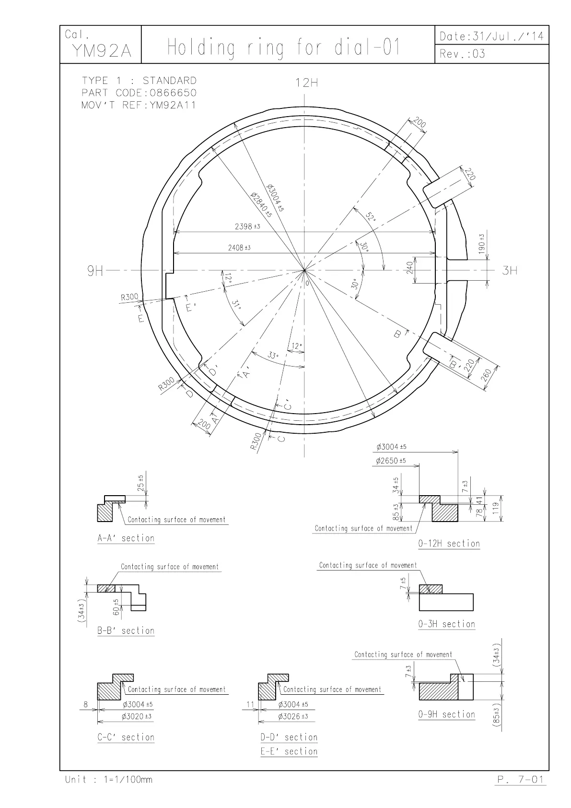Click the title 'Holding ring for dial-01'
[283, 48]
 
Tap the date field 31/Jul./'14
[492, 36]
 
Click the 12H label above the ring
[306, 83]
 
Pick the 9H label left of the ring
[95, 271]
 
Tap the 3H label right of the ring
[510, 271]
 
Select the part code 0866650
[139, 93]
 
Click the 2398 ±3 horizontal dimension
[247, 226]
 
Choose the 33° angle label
[273, 356]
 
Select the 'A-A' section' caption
[126, 538]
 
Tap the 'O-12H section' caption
[449, 544]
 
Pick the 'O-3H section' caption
[446, 624]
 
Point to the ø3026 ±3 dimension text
[293, 716]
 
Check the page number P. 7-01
[520, 780]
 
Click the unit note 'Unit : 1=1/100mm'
[109, 780]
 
